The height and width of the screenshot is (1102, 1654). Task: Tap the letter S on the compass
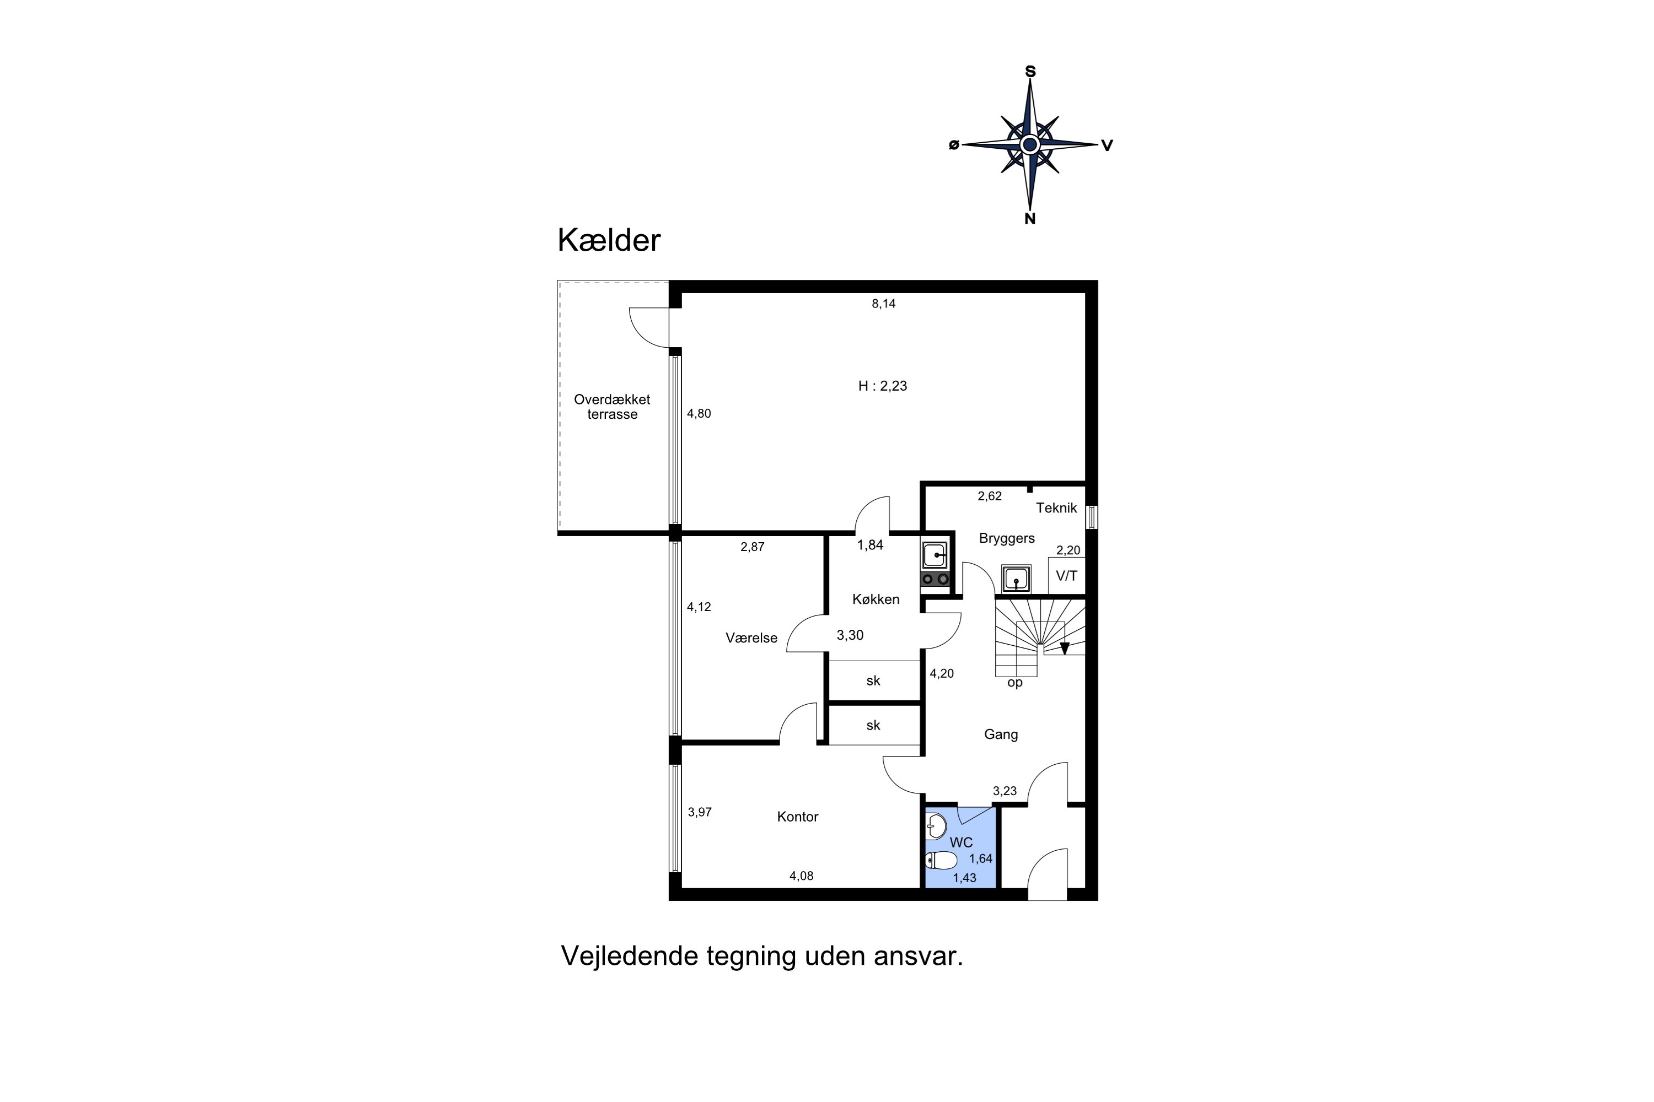pyautogui.click(x=1030, y=72)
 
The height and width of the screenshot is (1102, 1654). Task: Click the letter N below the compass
pyautogui.click(x=1029, y=219)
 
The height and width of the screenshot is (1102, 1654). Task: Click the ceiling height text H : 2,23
pyautogui.click(x=883, y=386)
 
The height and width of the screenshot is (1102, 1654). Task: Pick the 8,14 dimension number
pyautogui.click(x=883, y=304)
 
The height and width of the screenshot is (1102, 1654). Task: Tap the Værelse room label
pyautogui.click(x=751, y=638)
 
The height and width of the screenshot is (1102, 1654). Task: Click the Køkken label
pyautogui.click(x=876, y=599)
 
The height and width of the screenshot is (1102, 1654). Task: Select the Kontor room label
pyautogui.click(x=797, y=817)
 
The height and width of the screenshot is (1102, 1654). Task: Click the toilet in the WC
pyautogui.click(x=941, y=860)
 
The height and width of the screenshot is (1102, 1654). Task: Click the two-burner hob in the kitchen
pyautogui.click(x=935, y=579)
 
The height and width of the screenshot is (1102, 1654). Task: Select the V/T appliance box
pyautogui.click(x=1066, y=576)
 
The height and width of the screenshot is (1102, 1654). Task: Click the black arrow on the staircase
pyautogui.click(x=1064, y=649)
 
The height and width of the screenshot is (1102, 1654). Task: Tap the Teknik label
pyautogui.click(x=1056, y=508)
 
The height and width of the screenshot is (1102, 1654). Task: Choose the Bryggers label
pyautogui.click(x=1006, y=538)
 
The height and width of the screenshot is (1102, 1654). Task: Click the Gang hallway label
pyautogui.click(x=1001, y=734)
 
